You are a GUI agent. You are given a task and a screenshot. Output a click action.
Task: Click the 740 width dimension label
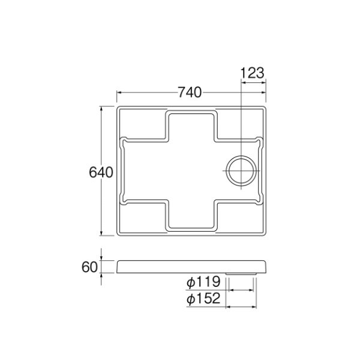tap(190, 92)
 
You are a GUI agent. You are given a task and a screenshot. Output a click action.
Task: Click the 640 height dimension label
tap(101, 172)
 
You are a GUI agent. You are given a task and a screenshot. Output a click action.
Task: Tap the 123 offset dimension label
tap(253, 73)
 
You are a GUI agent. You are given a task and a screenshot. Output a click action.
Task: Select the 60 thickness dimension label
tap(90, 267)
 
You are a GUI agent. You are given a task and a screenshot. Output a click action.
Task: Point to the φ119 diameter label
tap(203, 282)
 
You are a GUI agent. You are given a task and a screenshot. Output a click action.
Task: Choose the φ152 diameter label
tap(203, 298)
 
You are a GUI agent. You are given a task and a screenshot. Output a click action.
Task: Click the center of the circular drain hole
tap(241, 171)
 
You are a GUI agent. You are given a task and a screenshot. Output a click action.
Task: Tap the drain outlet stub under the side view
tap(241, 274)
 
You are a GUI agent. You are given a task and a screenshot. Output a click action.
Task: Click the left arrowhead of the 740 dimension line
tap(119, 92)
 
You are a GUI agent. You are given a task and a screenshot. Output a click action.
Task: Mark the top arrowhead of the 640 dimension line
tap(101, 109)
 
